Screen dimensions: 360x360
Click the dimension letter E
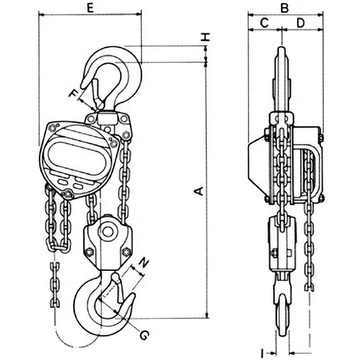tap(90, 8)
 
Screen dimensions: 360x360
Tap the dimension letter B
tap(284, 8)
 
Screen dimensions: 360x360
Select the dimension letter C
tap(265, 23)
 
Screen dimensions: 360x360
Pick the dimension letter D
tap(301, 23)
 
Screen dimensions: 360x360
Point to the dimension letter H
tap(206, 37)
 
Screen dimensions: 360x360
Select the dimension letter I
tap(262, 353)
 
